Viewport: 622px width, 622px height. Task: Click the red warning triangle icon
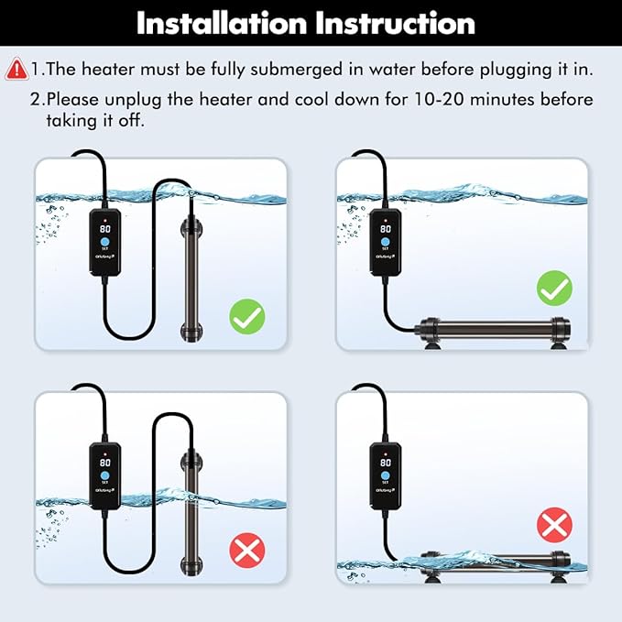tap(16, 69)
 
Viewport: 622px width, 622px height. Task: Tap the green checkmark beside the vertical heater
tap(246, 317)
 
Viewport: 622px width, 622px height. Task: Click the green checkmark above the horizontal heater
tap(554, 290)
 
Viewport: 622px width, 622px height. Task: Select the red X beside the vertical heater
tap(246, 550)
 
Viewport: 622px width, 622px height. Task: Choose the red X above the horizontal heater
tap(554, 525)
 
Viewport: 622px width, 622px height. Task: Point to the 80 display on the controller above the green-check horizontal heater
tap(387, 229)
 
